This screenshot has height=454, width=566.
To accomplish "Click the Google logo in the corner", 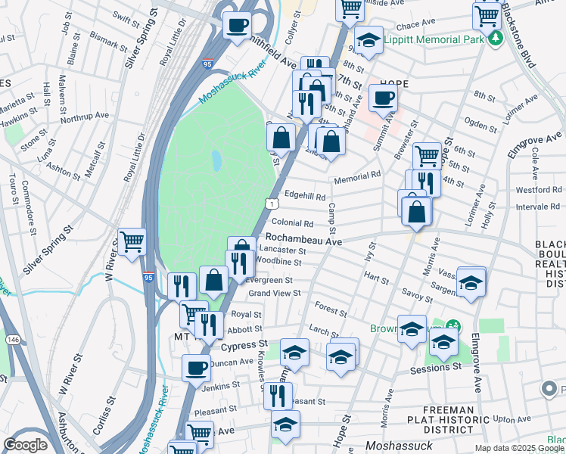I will point(25,445).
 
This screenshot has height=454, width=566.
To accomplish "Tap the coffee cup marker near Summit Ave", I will point(383,98).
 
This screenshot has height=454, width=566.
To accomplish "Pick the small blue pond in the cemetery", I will point(217,160).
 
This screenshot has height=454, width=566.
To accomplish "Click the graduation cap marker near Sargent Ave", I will point(471,281).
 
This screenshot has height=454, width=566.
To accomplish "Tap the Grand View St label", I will point(275,293).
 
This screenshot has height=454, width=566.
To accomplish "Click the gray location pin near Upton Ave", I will point(550,390).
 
